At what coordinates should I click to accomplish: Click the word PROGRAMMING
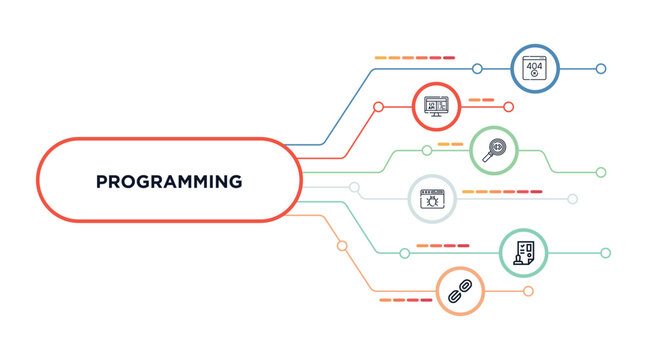click(x=168, y=182)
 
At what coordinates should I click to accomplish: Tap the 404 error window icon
click(x=535, y=68)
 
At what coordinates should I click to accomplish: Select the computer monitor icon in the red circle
click(x=437, y=105)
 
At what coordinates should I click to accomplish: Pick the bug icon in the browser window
click(x=432, y=198)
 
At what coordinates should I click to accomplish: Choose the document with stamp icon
click(x=524, y=252)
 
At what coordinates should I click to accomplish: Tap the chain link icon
click(x=460, y=291)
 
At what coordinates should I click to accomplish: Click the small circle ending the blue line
click(x=601, y=68)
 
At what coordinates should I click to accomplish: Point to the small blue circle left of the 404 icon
click(x=477, y=68)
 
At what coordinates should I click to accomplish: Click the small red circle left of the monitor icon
click(x=378, y=106)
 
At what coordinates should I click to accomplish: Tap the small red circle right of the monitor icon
click(x=508, y=106)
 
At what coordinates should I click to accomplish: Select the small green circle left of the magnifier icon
click(x=426, y=150)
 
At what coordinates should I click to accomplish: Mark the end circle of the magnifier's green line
click(x=601, y=172)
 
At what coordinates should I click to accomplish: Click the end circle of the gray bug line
click(x=573, y=198)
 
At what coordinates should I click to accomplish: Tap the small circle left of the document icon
click(x=404, y=253)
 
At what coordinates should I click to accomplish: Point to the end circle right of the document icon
click(x=605, y=253)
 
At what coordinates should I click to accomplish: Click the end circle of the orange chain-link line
click(x=528, y=291)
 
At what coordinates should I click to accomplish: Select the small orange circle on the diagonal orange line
click(x=342, y=245)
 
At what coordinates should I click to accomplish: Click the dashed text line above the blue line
click(x=414, y=57)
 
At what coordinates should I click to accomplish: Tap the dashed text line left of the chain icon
click(x=405, y=299)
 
